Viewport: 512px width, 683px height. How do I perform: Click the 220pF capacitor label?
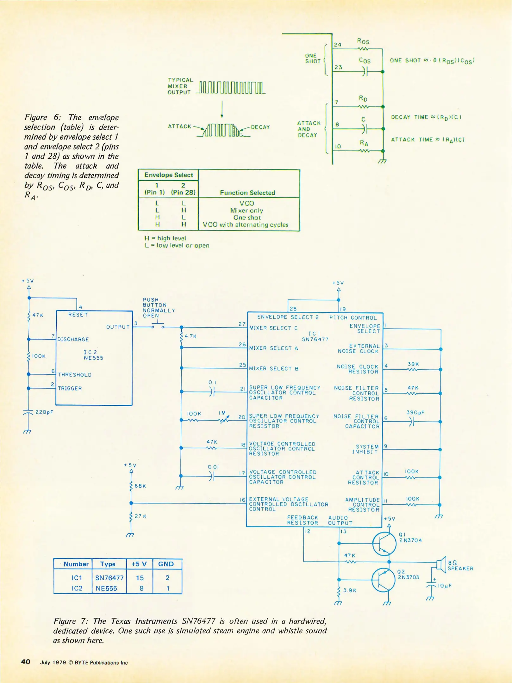point(44,412)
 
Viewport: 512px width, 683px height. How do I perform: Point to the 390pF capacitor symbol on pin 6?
point(411,421)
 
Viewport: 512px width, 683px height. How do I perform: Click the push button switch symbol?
point(158,325)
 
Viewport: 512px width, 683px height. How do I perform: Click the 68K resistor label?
point(140,486)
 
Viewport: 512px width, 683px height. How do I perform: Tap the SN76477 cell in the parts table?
point(109,578)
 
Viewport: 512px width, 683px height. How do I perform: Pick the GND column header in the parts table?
point(166,564)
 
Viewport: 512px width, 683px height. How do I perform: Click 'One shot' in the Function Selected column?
point(247,218)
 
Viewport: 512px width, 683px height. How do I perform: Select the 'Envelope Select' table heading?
point(169,175)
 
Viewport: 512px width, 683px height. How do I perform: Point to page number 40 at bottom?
point(26,662)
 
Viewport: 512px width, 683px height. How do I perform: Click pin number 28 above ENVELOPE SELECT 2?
point(293,309)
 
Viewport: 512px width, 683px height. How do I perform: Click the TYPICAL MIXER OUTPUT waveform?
point(231,88)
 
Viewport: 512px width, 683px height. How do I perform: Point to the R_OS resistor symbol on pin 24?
point(363,49)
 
